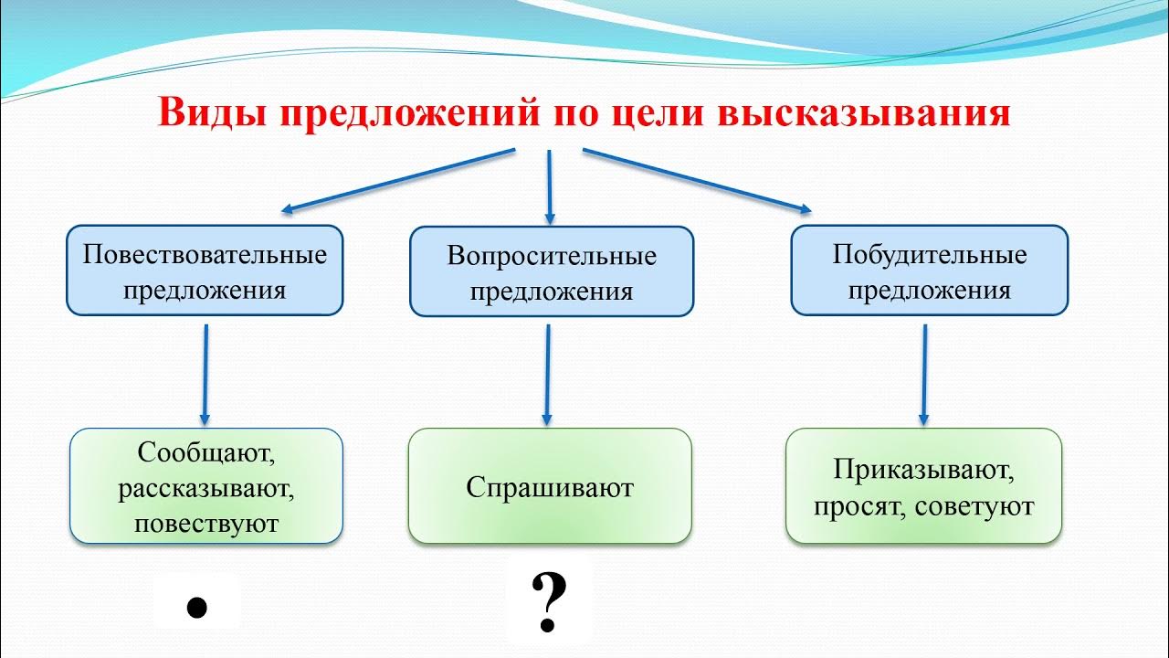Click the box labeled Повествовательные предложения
click(205, 271)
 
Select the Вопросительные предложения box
click(551, 272)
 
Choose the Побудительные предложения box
click(929, 271)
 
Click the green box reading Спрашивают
click(549, 487)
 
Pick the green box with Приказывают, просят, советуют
click(923, 487)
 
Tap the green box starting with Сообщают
click(206, 487)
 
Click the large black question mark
click(548, 603)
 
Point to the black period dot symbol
click(195, 607)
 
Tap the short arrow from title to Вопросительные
click(549, 187)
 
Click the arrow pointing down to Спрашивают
click(547, 375)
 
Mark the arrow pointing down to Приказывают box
click(924, 375)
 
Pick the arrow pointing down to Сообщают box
click(205, 375)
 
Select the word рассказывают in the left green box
click(205, 488)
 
